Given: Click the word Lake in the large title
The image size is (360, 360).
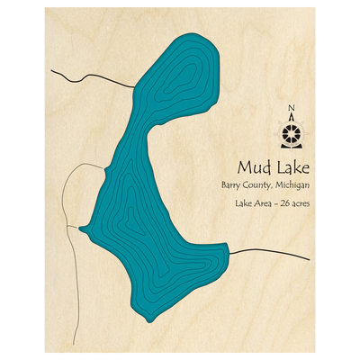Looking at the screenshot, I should tap(290, 167).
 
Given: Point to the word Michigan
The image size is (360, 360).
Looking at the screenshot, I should tap(292, 185).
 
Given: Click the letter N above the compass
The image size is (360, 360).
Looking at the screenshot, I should tap(291, 111).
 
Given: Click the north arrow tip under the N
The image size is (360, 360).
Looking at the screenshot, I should tap(291, 119).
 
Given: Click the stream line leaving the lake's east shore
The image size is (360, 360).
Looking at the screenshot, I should tap(270, 253).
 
